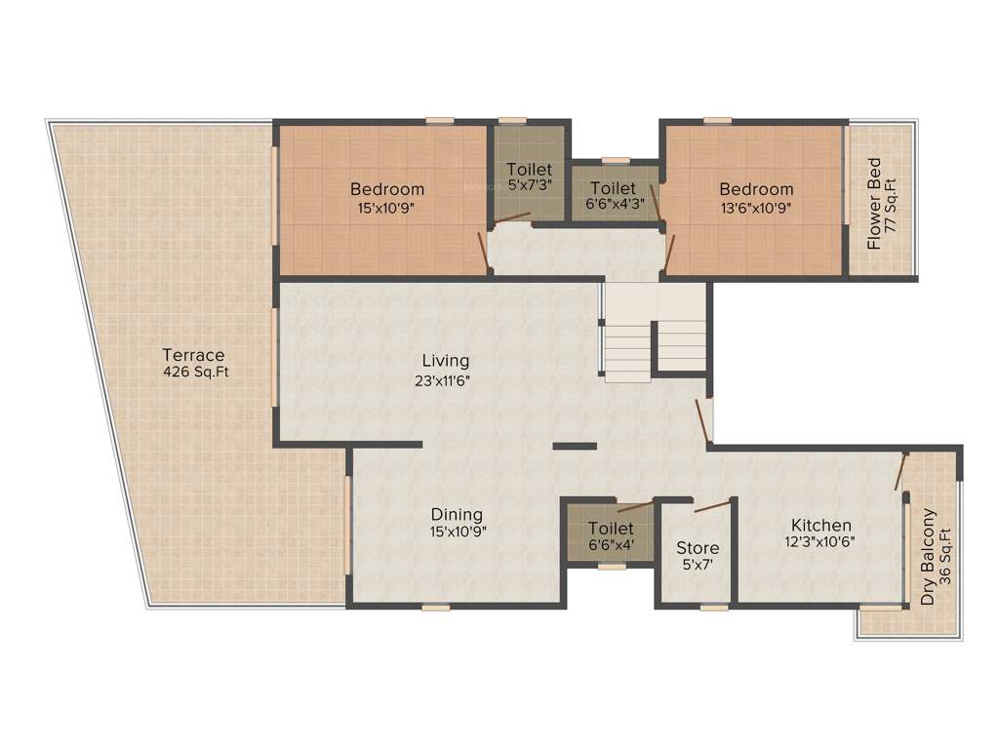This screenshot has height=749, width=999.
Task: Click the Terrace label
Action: (x=193, y=355)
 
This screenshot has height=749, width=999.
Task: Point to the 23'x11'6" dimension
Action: (x=442, y=380)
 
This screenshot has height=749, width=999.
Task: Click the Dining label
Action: (x=458, y=515)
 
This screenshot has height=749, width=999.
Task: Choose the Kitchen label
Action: (x=821, y=525)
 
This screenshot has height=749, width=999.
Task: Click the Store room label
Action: (x=698, y=548)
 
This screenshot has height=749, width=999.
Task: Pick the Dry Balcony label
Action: (x=929, y=557)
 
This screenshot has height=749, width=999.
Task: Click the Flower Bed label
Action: (x=874, y=204)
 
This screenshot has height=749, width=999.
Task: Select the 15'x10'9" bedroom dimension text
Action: (x=387, y=207)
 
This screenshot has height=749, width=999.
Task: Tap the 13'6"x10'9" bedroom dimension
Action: (x=757, y=207)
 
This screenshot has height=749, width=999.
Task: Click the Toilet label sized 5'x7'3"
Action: (x=529, y=170)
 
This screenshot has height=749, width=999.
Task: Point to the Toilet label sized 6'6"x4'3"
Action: (x=614, y=188)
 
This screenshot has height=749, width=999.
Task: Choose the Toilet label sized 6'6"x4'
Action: (x=611, y=529)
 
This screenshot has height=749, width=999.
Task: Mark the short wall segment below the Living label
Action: (x=575, y=447)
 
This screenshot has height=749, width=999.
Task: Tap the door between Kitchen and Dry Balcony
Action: (x=902, y=471)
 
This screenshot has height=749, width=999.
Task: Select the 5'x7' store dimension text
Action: (x=698, y=565)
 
